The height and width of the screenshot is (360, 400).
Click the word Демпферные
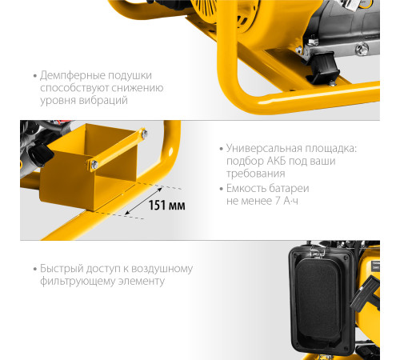point(73,76)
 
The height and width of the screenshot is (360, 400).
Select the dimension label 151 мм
point(166,206)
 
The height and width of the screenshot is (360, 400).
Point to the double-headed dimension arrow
point(143,201)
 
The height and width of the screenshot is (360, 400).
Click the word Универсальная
point(265,148)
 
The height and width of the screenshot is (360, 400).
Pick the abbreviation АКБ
point(277,161)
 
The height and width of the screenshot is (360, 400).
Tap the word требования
point(256,174)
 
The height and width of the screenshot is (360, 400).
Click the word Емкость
point(246,188)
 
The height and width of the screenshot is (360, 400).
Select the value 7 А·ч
point(286,201)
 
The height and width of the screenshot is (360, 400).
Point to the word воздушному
point(162,269)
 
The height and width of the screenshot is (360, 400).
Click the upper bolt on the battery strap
point(144,134)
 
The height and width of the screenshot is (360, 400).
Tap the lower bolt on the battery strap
point(94,165)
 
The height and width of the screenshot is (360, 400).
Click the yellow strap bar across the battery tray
point(118,149)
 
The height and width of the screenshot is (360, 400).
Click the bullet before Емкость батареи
point(221,189)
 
